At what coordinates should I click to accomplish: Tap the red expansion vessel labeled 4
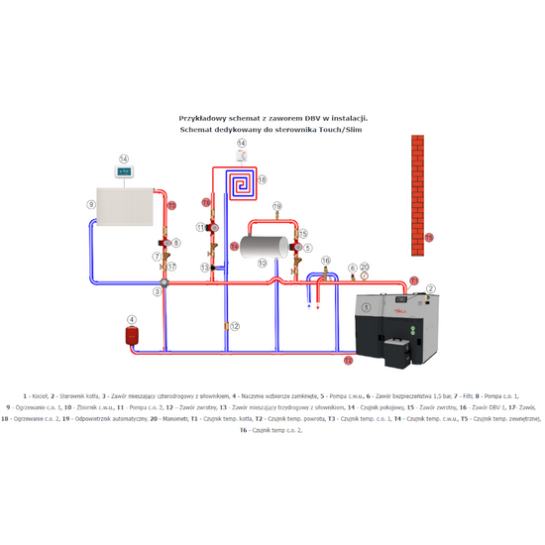(x=131, y=335)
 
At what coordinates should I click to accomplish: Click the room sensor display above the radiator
(x=124, y=171)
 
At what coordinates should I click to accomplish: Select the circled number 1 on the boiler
(x=367, y=308)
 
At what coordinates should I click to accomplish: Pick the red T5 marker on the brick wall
(x=428, y=238)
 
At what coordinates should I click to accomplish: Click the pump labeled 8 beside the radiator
(x=165, y=242)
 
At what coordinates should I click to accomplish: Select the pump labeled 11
(x=212, y=227)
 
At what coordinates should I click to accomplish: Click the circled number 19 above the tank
(x=276, y=205)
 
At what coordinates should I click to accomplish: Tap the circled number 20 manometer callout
(x=366, y=268)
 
